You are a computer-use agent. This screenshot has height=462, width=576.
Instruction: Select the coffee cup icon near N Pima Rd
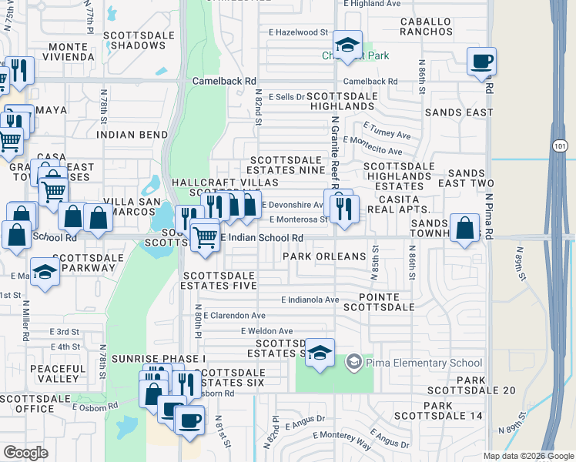tap(481, 61)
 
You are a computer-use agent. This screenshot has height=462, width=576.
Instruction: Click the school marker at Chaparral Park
tap(348, 45)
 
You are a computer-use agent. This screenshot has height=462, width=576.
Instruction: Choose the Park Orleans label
tap(323, 256)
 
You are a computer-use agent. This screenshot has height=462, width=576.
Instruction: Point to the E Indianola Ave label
tap(310, 300)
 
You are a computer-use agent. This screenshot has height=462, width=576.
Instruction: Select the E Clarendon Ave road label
tap(235, 316)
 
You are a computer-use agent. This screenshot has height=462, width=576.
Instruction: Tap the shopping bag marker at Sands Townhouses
tap(464, 228)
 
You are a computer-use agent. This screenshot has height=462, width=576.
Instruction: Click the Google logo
tap(25, 453)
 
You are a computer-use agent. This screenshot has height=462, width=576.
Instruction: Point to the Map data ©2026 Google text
tap(527, 456)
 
